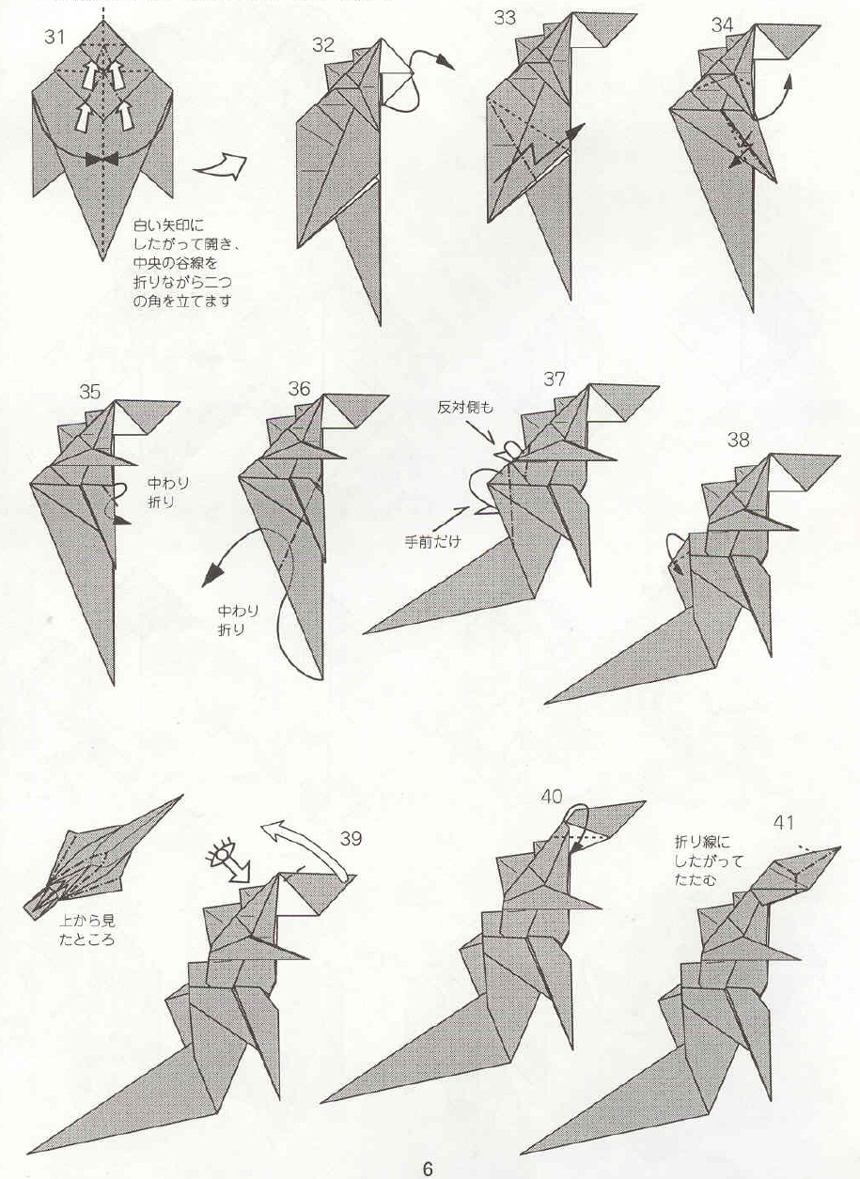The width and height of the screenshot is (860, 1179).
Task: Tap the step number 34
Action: (x=723, y=25)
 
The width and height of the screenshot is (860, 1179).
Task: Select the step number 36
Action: (x=299, y=389)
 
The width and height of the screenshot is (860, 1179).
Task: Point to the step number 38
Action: (x=739, y=440)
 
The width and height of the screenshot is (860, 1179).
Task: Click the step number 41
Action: (x=784, y=823)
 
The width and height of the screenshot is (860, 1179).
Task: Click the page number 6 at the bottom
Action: (x=428, y=1168)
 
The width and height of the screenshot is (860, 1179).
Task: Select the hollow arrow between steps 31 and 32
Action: (x=220, y=168)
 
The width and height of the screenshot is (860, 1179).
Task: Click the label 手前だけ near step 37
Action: (x=428, y=542)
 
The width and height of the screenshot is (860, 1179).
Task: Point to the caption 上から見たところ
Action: (x=86, y=930)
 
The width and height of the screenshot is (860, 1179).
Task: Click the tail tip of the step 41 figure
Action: (x=524, y=1151)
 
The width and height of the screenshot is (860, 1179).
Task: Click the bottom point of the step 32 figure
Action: (x=379, y=325)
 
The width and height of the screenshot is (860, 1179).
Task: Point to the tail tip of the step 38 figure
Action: (x=547, y=702)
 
